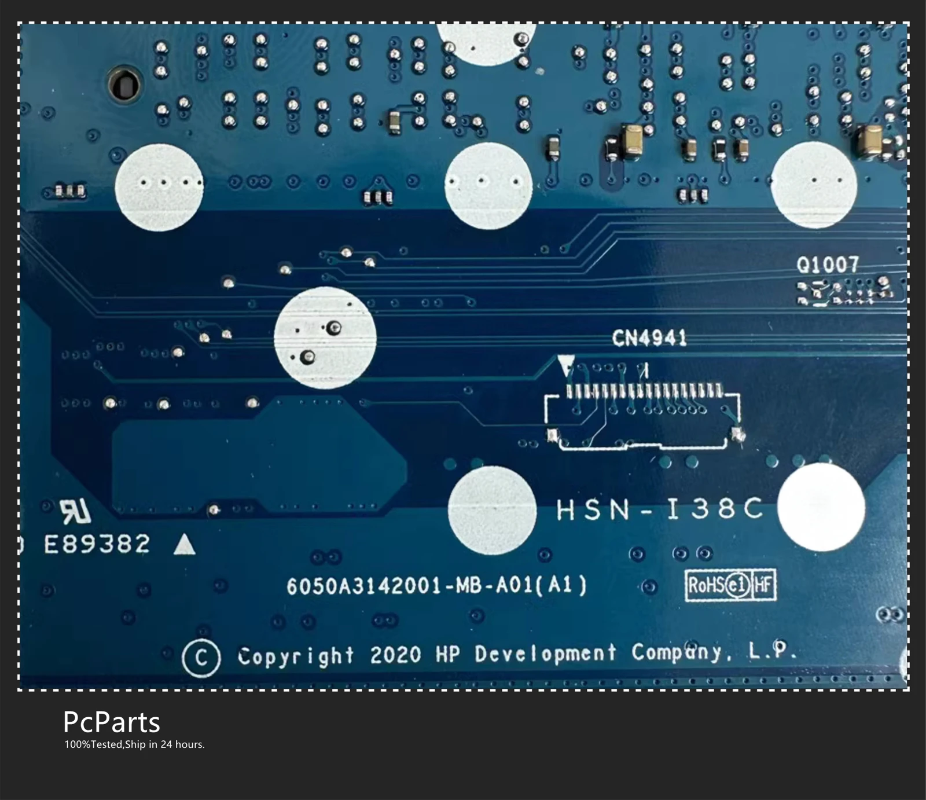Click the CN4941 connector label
tap(649, 337)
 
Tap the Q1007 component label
tap(827, 265)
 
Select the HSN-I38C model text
tap(659, 509)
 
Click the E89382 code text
tap(97, 544)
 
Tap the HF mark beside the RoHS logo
tap(763, 586)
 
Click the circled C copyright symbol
tap(201, 658)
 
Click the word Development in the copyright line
tap(546, 654)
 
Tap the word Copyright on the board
tap(296, 656)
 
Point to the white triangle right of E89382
tap(185, 545)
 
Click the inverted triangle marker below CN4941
tap(566, 365)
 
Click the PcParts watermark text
tap(111, 722)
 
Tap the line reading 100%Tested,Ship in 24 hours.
tap(134, 744)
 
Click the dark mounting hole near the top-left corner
tap(124, 85)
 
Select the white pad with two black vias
tap(325, 337)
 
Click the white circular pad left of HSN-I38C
tap(492, 510)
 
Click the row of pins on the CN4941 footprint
tap(644, 392)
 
